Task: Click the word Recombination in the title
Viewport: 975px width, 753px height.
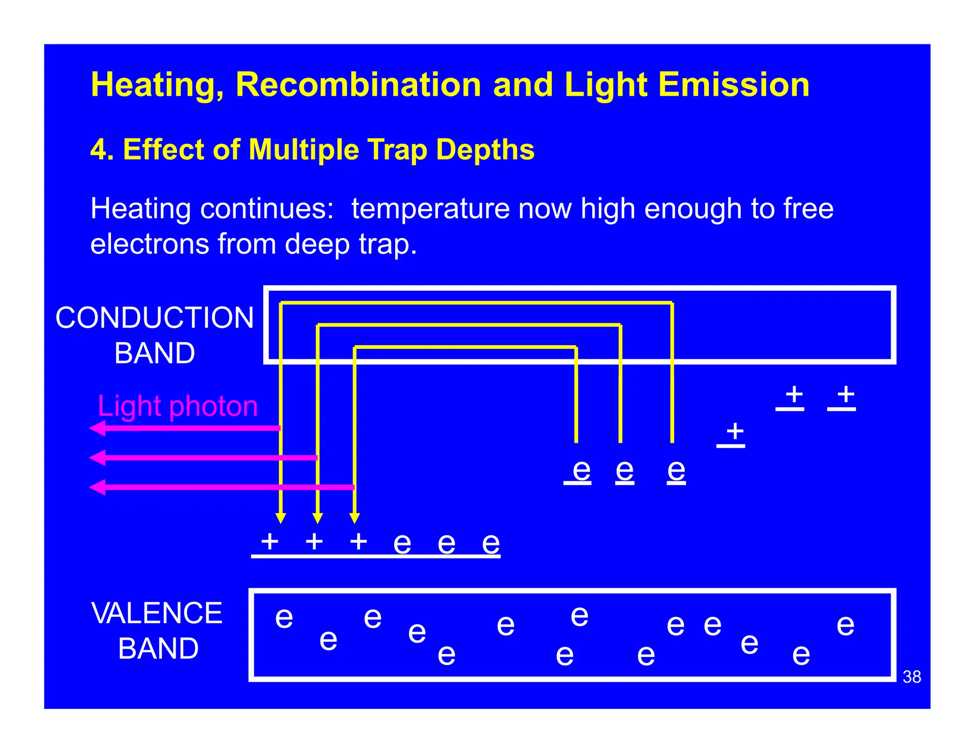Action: (358, 85)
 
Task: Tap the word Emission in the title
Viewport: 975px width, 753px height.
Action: (734, 85)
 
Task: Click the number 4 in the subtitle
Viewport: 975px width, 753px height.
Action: (98, 150)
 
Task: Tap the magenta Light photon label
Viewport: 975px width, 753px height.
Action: (178, 406)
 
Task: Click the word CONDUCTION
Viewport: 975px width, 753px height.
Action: (155, 317)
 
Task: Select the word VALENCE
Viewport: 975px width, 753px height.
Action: (157, 613)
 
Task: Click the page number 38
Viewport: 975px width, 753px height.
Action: (912, 676)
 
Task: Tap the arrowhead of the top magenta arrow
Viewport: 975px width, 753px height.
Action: (97, 428)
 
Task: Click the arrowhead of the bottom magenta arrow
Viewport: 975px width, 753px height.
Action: (97, 487)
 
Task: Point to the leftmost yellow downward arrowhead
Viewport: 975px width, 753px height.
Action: (281, 518)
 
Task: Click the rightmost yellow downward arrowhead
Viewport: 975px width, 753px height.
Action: (355, 518)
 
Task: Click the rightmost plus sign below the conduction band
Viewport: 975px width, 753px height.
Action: (846, 394)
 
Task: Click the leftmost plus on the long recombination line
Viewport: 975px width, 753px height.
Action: (270, 541)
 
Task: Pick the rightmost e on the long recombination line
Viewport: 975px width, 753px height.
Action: (491, 543)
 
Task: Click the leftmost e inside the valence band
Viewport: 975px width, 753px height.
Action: (284, 618)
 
